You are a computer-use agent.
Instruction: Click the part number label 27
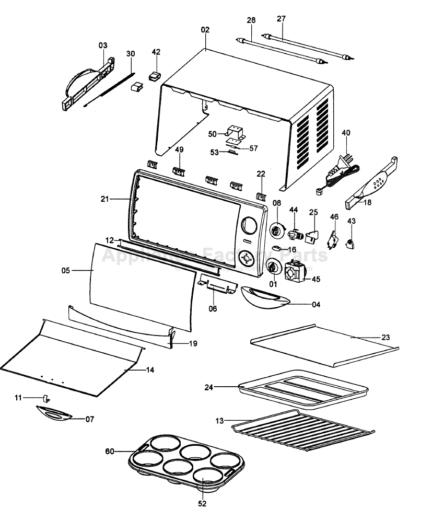point(281,19)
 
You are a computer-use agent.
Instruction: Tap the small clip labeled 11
point(45,399)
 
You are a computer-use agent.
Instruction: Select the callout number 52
point(203,504)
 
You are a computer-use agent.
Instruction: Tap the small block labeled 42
point(155,76)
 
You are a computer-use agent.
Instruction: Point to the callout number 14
point(150,370)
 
